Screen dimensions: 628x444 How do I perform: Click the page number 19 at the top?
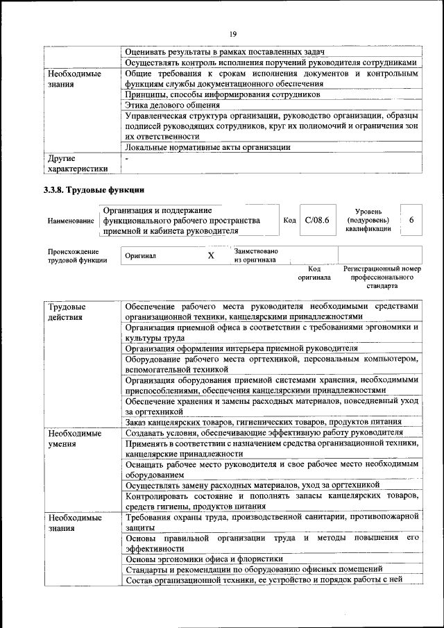point(233,33)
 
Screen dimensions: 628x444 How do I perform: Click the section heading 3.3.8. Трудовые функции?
point(94,189)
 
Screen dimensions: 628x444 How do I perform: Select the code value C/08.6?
point(316,219)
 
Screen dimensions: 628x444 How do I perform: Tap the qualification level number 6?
point(411,219)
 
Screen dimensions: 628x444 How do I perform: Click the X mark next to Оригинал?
point(211,255)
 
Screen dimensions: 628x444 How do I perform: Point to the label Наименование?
point(71,221)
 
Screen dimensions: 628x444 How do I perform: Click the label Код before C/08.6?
point(290,220)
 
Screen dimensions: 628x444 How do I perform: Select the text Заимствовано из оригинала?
point(256,255)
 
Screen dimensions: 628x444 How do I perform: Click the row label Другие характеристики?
point(77,163)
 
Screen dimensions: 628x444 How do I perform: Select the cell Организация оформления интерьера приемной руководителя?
point(241,348)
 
